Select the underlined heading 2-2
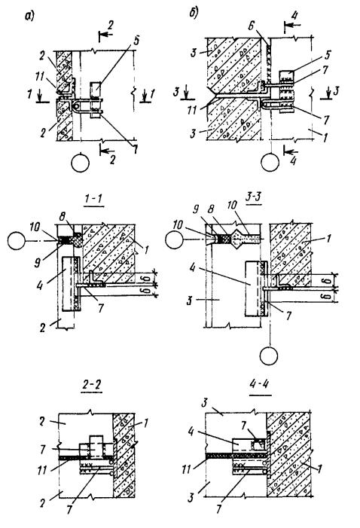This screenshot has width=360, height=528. tap(91, 386)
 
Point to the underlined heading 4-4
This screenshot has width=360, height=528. tap(261, 385)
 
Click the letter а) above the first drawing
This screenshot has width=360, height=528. tap(29, 16)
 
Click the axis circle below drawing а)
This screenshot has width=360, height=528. tap(81, 163)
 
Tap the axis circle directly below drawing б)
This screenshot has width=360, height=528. tap(270, 162)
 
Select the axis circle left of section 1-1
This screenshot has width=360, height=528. tap(16, 241)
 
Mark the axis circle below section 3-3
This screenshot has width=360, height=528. tap(269, 356)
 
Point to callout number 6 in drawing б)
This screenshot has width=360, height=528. tap(251, 26)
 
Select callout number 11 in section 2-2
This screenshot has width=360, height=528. tap(41, 469)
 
